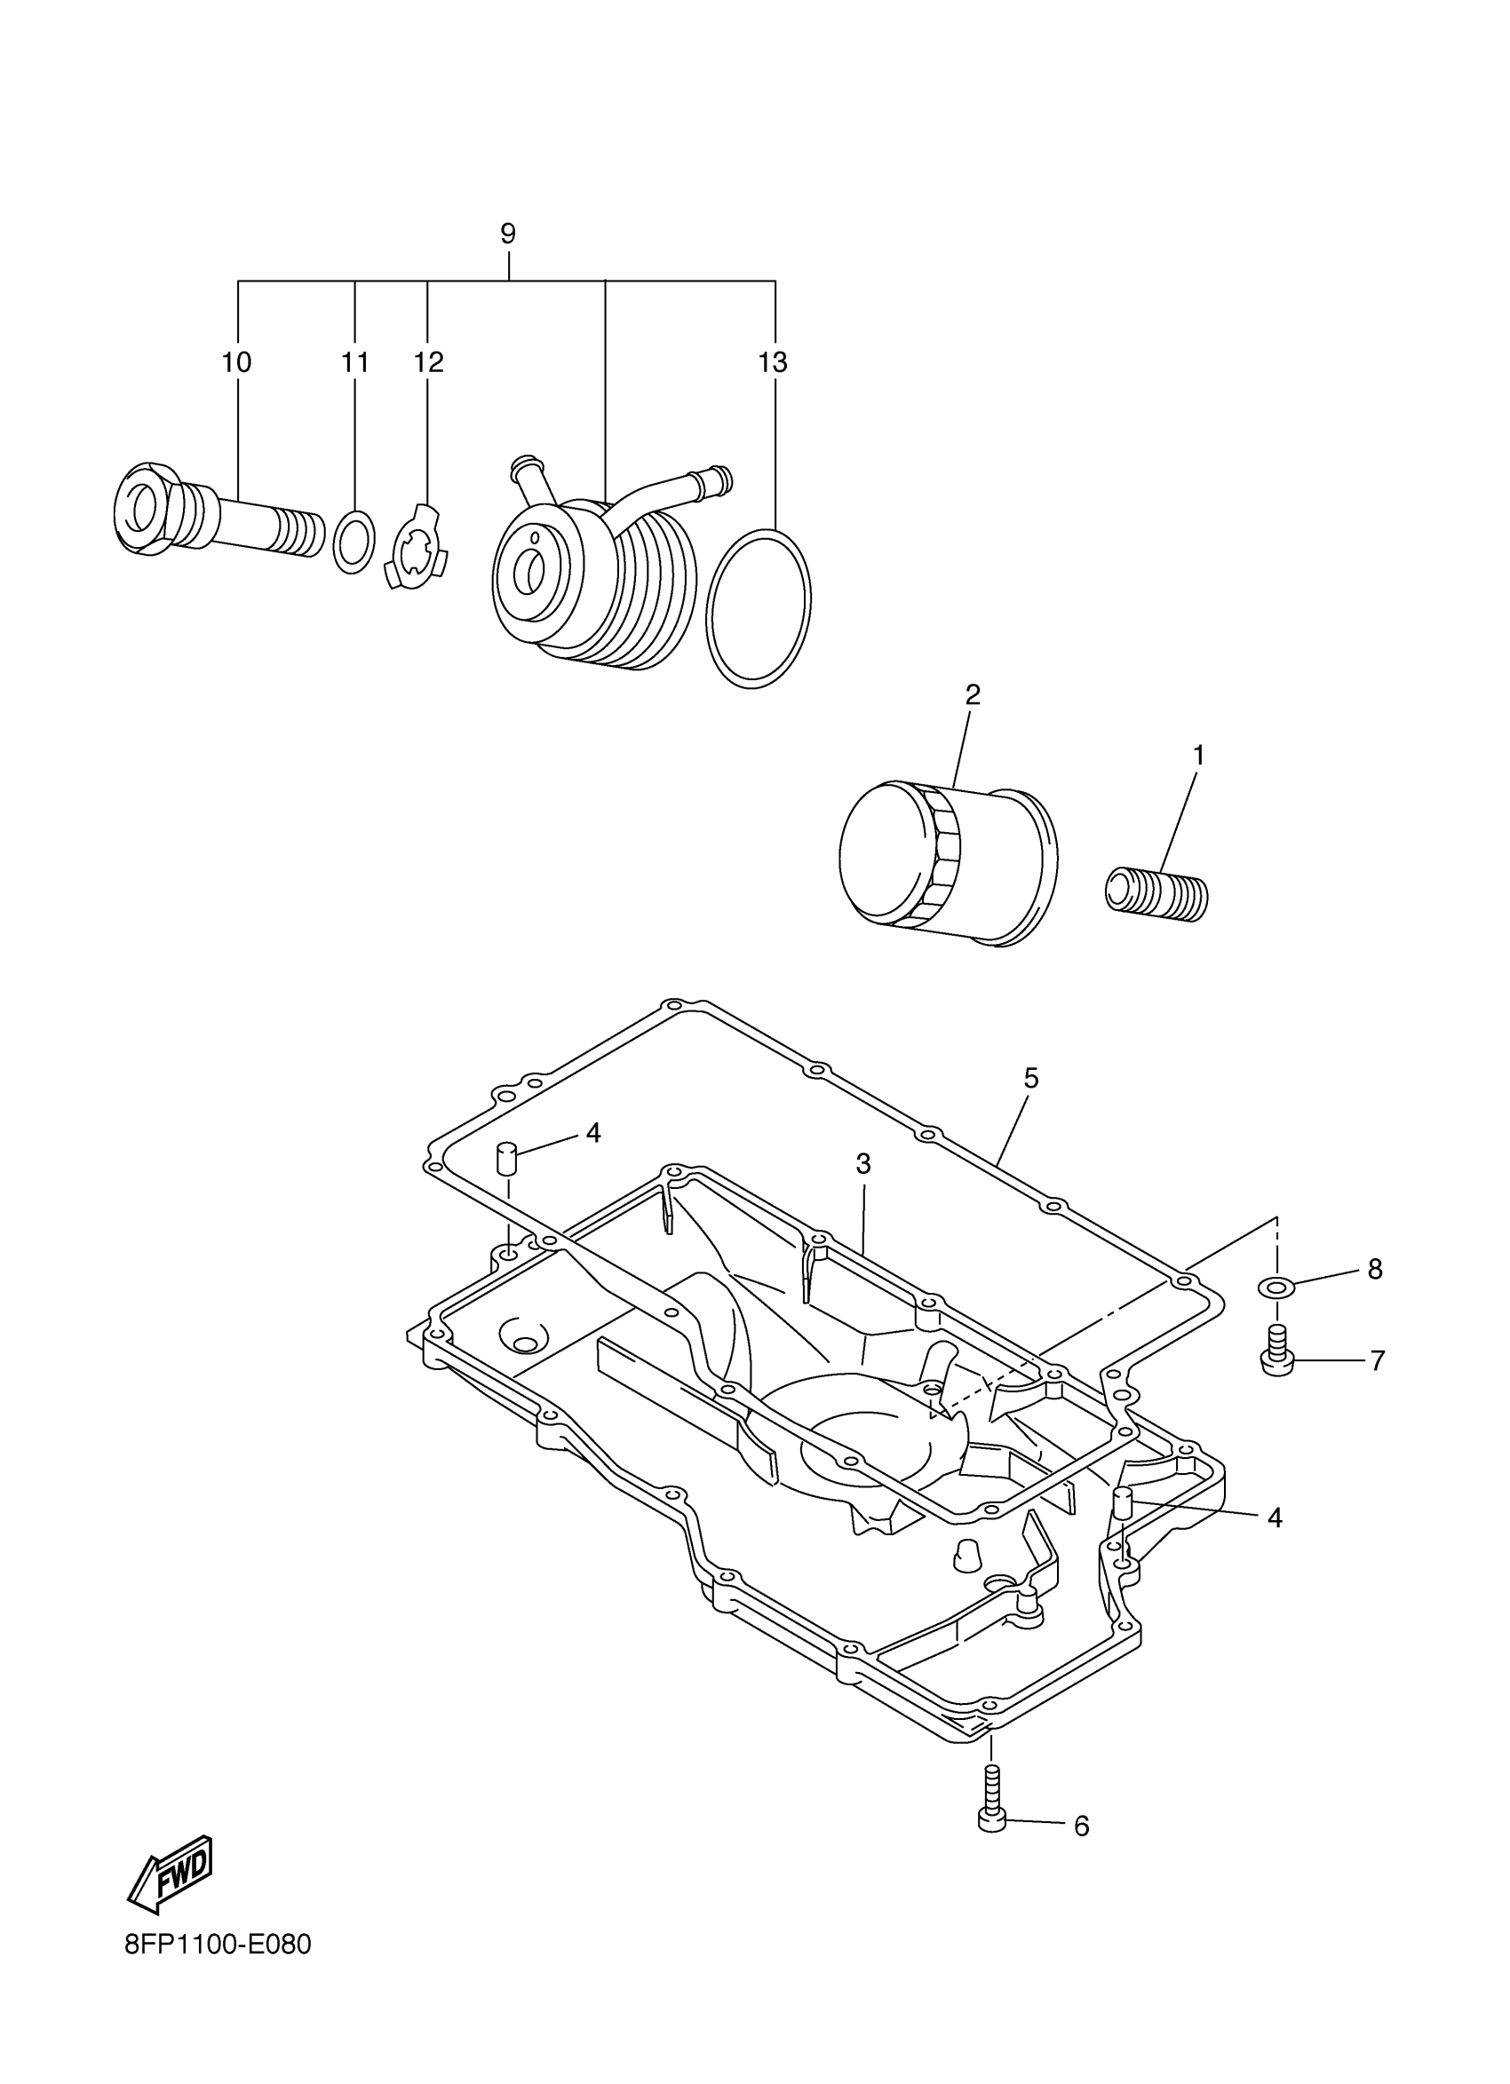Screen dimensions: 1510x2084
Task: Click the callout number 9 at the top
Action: click(x=508, y=234)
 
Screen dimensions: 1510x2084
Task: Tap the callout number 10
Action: click(x=236, y=362)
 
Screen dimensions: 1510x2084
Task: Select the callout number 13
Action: click(x=773, y=362)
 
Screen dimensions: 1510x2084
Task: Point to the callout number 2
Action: click(x=973, y=694)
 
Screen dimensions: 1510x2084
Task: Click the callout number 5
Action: click(x=1031, y=1078)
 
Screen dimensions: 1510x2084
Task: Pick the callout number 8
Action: click(x=1375, y=1269)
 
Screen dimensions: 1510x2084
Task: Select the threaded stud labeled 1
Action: click(x=1156, y=892)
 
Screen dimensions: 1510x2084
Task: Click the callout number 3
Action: click(x=863, y=1164)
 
